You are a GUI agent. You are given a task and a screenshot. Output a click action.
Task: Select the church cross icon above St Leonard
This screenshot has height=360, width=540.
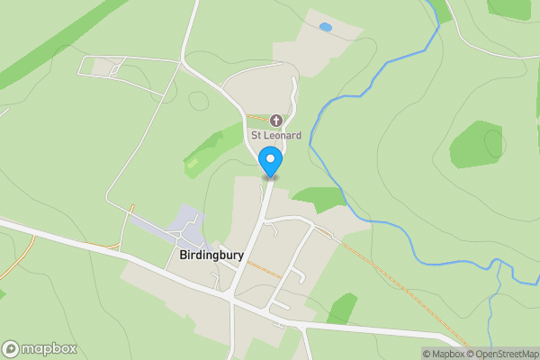276,120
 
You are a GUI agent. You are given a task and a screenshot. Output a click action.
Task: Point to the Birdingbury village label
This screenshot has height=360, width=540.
205,255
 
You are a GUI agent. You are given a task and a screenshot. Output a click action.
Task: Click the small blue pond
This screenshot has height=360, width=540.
325,28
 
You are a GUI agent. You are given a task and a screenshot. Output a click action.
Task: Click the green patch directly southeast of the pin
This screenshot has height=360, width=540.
319,199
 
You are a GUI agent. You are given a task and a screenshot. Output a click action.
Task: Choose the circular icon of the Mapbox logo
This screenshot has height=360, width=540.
12,348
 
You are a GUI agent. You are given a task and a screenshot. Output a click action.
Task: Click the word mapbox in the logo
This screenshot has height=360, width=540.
49,348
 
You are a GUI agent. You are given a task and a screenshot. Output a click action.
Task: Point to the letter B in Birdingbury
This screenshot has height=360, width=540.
171,255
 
